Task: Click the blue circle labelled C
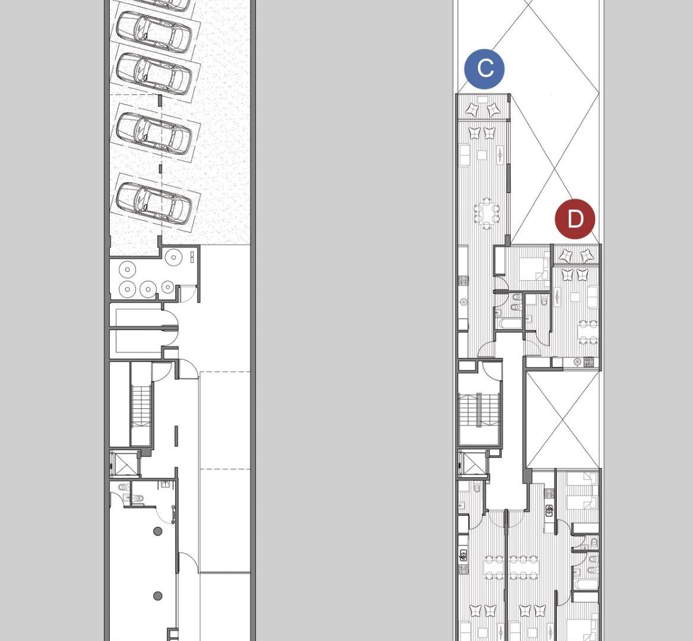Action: point(485,69)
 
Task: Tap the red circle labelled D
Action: point(575,219)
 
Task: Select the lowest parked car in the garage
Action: point(154,203)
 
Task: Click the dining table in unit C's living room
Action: point(486,214)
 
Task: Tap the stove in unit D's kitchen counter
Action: point(589,362)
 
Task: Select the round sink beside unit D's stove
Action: point(577,362)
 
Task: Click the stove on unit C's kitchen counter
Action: point(463,280)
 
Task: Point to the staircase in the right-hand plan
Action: point(480,410)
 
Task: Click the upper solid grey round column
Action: point(158,531)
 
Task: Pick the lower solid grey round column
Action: point(158,596)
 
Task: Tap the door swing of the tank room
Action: point(188,294)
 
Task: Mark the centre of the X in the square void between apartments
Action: point(563,419)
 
